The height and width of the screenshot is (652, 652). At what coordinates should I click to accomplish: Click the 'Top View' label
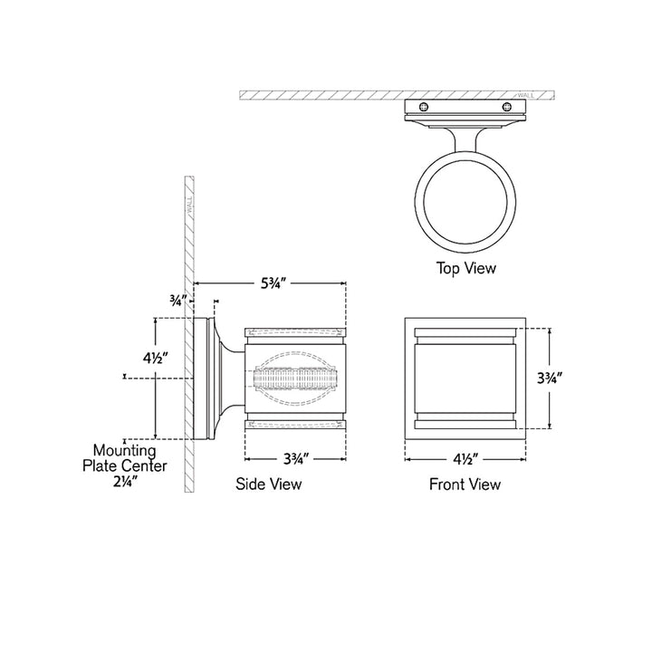pos(465,268)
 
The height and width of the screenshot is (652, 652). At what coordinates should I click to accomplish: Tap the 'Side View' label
pos(269,484)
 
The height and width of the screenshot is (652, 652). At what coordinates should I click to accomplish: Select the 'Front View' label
pos(465,484)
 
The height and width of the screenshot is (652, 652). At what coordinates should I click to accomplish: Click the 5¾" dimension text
pos(273,283)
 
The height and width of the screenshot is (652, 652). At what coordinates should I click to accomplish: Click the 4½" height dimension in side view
pos(155,358)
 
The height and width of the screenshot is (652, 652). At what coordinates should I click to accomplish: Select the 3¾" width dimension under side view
pos(295,459)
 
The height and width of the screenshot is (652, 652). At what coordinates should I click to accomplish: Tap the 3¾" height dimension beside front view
pos(550,378)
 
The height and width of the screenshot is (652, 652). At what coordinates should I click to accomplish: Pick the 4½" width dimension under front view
pos(465,459)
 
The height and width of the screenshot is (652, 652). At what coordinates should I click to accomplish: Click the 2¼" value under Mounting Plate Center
pos(125,481)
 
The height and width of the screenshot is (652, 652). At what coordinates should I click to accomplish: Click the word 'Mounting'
pos(125,450)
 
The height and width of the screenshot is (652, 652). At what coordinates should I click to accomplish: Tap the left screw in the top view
pos(424,107)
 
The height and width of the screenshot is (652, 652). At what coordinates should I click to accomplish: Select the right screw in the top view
pos(507,107)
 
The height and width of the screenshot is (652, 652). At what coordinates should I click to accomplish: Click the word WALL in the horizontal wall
pos(525,95)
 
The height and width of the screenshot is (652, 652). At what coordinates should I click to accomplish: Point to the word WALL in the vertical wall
pos(189,205)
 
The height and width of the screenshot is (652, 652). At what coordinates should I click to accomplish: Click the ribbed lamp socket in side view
pos(295,378)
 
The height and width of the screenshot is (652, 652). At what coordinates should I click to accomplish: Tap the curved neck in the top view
pos(465,139)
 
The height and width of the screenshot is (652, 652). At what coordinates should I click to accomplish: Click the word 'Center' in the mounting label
pos(144,465)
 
